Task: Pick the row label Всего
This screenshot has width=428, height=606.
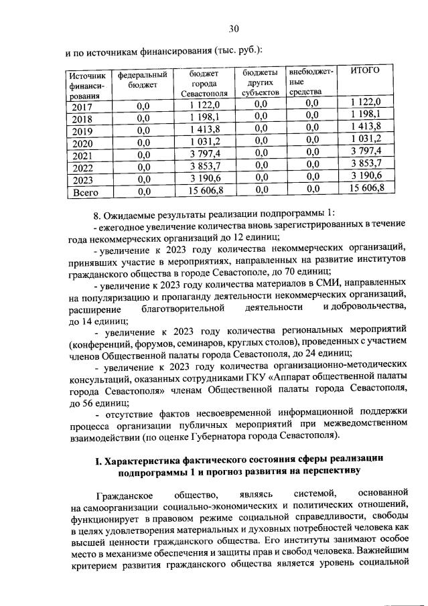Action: coord(85,192)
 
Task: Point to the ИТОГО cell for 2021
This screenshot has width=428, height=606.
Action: coord(366,155)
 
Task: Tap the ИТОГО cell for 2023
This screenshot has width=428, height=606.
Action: coord(366,179)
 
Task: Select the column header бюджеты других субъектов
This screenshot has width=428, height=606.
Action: coord(261,81)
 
